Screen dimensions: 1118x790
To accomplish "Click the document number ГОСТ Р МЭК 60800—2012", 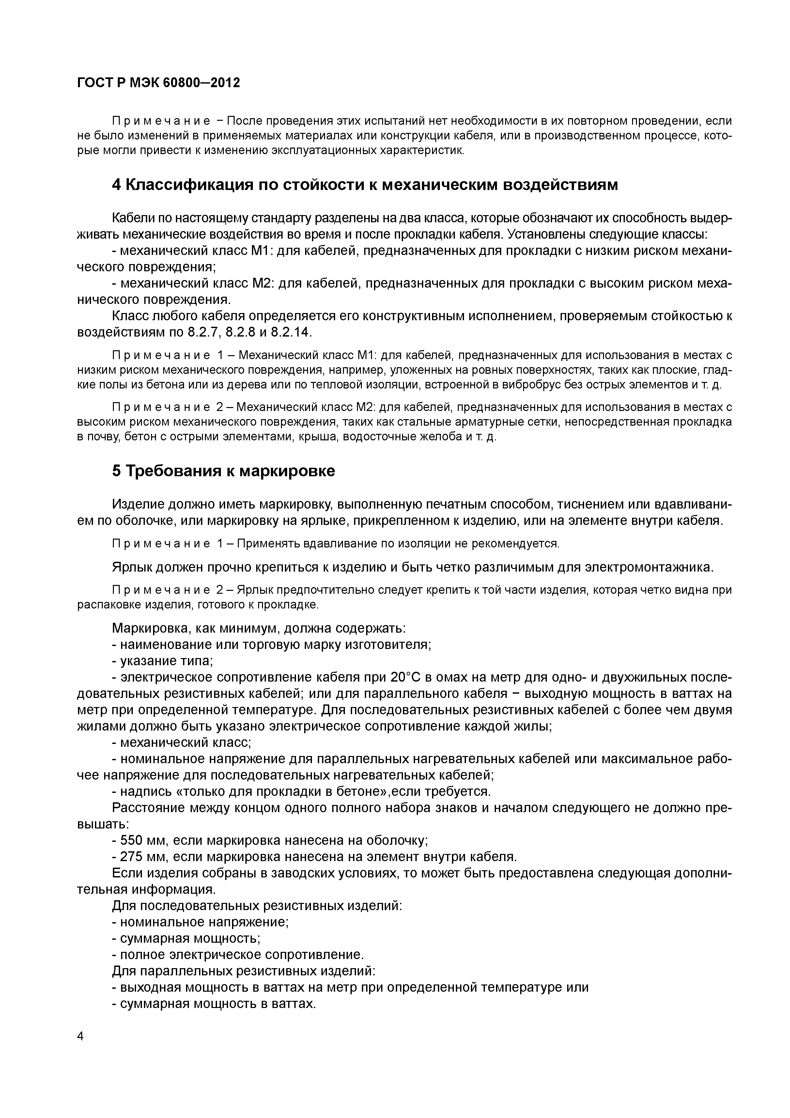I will click(x=159, y=83).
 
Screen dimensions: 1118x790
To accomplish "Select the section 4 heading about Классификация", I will click(x=365, y=185).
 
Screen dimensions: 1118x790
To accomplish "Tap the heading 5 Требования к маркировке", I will click(x=224, y=471).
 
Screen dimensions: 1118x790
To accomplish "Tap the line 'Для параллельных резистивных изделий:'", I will click(x=243, y=971).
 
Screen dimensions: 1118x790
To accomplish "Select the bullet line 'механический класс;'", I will click(x=185, y=743).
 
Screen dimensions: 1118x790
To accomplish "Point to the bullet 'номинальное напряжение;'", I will click(x=205, y=922).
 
